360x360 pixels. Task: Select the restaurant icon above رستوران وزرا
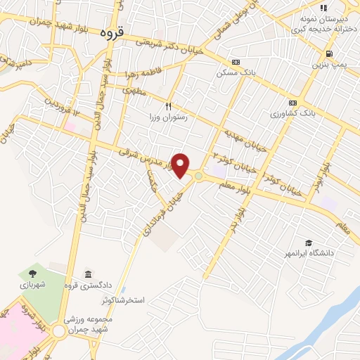[x=168, y=105]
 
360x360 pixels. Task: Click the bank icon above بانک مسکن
[x=236, y=62]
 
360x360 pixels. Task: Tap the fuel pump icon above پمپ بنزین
[x=328, y=53]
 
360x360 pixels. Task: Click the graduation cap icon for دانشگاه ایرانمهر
[x=308, y=241]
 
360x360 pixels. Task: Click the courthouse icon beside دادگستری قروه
[x=87, y=274]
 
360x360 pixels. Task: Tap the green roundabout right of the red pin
[x=199, y=175]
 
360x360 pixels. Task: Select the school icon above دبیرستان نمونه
[x=323, y=8]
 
